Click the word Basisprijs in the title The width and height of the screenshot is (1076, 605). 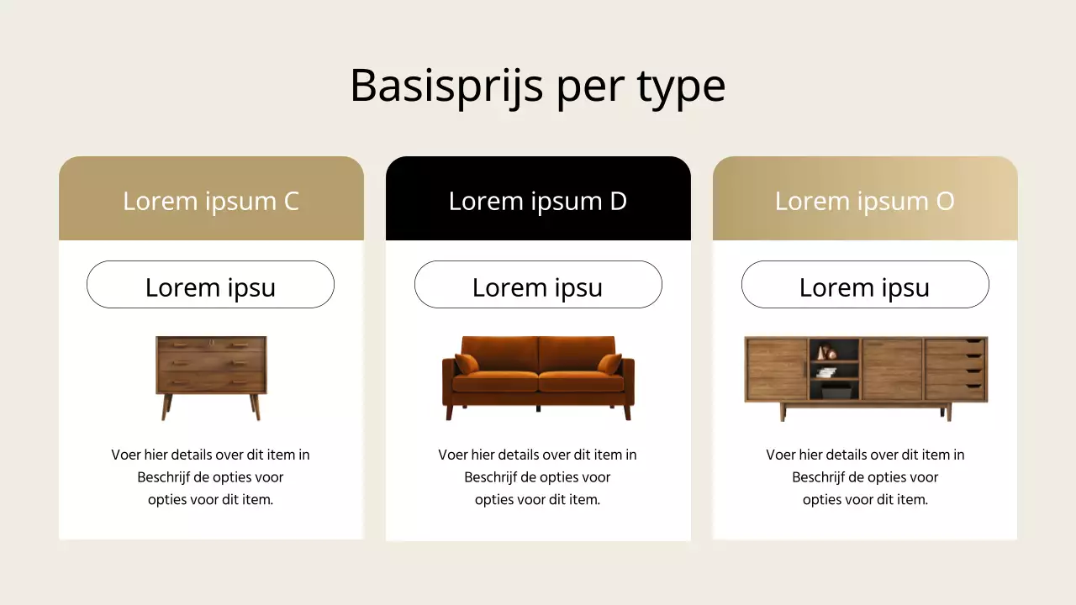tap(446, 86)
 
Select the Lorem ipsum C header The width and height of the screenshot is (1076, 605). tap(211, 201)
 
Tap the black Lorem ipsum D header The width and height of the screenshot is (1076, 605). tap(538, 201)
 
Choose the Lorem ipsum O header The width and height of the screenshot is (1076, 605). tap(865, 201)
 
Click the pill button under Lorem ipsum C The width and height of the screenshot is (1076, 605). tap(210, 285)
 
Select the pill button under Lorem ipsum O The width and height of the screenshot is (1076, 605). tap(865, 285)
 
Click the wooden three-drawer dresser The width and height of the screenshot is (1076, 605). tap(211, 370)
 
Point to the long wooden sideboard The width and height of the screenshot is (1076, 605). tap(866, 374)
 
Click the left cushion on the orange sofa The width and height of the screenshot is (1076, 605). tap(467, 363)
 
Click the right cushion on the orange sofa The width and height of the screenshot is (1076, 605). tap(609, 363)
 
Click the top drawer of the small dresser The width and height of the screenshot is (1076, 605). tap(211, 345)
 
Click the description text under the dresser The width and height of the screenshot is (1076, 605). tap(211, 477)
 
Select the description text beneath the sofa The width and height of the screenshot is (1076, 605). tap(538, 477)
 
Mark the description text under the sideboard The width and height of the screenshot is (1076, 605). tap(865, 477)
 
